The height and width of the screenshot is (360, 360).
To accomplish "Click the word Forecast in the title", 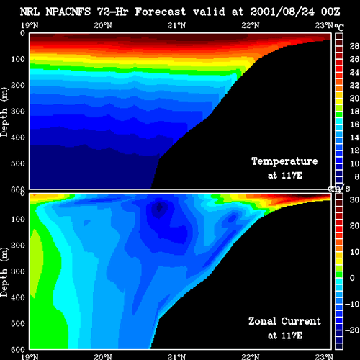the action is pos(161,12).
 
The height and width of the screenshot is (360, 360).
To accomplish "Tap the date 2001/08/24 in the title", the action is pos(282,12).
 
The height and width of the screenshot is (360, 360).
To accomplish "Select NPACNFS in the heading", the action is pos(68,12).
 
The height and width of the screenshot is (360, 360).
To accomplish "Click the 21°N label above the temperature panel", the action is pos(176,25).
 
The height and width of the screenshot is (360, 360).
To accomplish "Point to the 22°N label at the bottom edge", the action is pos(251,356).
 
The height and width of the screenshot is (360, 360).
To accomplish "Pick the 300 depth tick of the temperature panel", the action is pos(18,112).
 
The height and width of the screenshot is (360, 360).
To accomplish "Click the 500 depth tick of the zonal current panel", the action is pos(18,323).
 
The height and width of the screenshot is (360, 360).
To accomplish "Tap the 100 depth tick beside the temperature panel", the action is pos(18,59).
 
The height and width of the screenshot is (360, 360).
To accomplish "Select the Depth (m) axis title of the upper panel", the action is pos(4,112).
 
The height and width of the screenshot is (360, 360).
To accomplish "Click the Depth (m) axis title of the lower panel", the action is pos(4,272).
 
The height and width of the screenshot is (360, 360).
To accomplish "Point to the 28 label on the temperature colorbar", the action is pos(354,46).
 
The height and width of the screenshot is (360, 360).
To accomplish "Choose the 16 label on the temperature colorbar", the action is pos(354,125).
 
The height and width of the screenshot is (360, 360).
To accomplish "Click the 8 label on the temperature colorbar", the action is pos(357,176).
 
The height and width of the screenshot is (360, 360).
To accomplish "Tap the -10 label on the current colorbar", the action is pos(352,304).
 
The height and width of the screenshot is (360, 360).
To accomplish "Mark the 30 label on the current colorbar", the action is pos(354,199).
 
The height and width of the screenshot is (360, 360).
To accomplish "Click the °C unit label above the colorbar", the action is pos(339,27).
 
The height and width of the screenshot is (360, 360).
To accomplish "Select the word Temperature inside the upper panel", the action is pos(284,161).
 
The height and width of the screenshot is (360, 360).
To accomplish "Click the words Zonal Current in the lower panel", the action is pos(284,321).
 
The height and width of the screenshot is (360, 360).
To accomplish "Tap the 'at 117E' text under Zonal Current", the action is pos(285,336).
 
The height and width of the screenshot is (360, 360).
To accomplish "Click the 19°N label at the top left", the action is pos(30,25).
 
